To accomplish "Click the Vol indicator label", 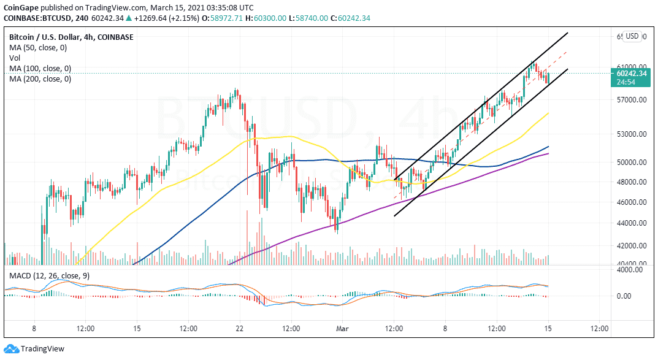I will (15, 58).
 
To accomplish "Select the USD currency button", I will (632, 36).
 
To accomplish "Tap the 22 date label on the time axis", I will (239, 329).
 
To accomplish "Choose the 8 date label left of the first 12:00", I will (34, 329).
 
